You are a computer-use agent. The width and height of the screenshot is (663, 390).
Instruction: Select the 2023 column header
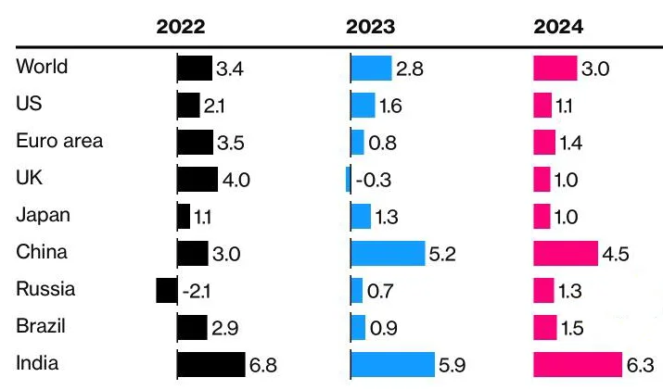(370, 27)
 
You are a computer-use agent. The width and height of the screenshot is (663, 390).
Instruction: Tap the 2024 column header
(559, 27)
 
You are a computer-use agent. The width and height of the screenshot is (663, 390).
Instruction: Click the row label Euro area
(59, 142)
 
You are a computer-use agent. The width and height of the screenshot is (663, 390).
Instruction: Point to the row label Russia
(45, 289)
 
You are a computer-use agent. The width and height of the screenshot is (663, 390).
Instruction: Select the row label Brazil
(42, 326)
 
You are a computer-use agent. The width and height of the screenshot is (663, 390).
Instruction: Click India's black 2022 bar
(210, 364)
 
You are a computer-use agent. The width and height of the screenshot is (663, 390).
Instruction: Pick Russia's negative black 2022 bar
(166, 290)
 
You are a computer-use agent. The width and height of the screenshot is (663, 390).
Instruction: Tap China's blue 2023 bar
(388, 253)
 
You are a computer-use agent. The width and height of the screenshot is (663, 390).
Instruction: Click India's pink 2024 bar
(578, 364)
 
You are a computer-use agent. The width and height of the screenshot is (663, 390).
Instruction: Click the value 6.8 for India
(261, 366)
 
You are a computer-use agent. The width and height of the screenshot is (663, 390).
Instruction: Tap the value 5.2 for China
(441, 255)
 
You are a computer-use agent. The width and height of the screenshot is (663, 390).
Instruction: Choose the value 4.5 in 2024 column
(615, 255)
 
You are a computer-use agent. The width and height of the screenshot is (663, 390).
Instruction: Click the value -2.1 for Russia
(197, 292)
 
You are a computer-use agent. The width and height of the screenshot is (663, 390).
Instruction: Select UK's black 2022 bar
(197, 179)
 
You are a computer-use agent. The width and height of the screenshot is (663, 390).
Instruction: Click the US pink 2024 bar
(542, 105)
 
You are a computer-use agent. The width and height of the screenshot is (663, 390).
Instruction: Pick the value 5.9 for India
(450, 366)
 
